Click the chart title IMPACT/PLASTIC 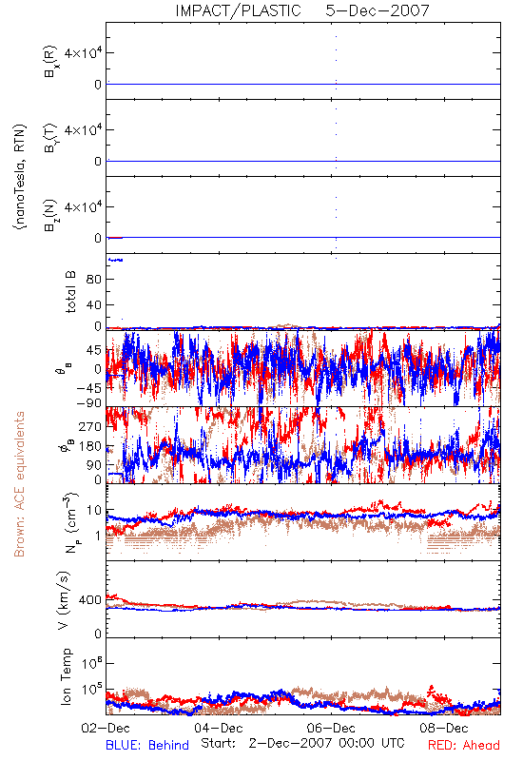click(x=239, y=10)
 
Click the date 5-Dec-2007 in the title click(x=378, y=10)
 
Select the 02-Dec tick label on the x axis click(x=106, y=728)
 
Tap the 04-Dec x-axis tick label click(x=219, y=728)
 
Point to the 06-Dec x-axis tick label click(x=331, y=728)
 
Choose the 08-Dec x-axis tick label click(x=444, y=728)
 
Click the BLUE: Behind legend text click(x=147, y=745)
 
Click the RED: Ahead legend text click(x=464, y=745)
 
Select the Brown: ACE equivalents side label click(x=19, y=484)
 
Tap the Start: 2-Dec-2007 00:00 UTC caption click(x=302, y=743)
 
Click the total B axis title click(x=70, y=292)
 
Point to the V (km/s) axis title click(x=64, y=600)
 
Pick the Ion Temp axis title click(x=66, y=676)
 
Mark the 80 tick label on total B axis click(x=93, y=280)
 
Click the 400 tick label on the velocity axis click(x=89, y=600)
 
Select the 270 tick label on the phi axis click(x=89, y=426)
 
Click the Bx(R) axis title click(x=50, y=61)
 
